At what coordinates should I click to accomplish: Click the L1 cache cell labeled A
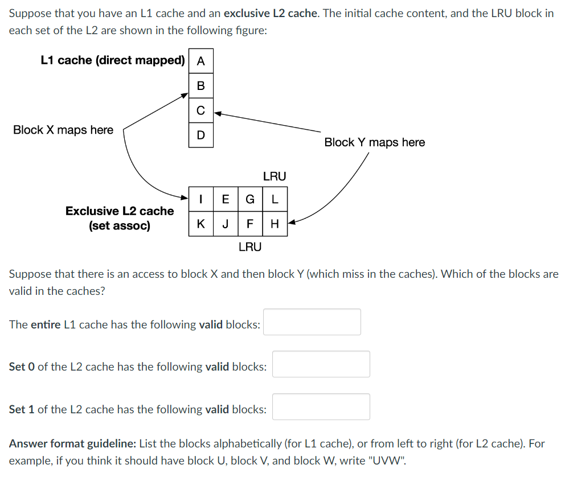pyautogui.click(x=201, y=61)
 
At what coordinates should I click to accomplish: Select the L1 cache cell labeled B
pyautogui.click(x=201, y=86)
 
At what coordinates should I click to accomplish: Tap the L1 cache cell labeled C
pyautogui.click(x=201, y=110)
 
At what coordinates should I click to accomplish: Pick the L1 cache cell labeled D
pyautogui.click(x=201, y=135)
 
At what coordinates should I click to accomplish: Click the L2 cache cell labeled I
pyautogui.click(x=202, y=199)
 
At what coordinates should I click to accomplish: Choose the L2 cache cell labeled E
pyautogui.click(x=226, y=199)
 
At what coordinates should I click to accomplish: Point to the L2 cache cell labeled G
pyautogui.click(x=250, y=199)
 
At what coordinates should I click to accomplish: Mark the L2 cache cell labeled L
pyautogui.click(x=275, y=199)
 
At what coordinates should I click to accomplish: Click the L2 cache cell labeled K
pyautogui.click(x=202, y=223)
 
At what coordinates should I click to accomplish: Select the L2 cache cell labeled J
pyautogui.click(x=226, y=223)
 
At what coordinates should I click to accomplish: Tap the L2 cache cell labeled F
pyautogui.click(x=250, y=223)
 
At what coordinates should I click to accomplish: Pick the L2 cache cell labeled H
pyautogui.click(x=275, y=223)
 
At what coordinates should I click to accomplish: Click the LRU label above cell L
pyautogui.click(x=275, y=176)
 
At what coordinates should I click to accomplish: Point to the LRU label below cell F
pyautogui.click(x=250, y=246)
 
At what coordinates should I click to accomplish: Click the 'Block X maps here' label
pyautogui.click(x=63, y=130)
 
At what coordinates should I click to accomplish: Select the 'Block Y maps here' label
pyautogui.click(x=374, y=142)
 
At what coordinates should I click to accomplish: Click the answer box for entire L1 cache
pyautogui.click(x=312, y=322)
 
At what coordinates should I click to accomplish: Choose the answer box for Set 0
pyautogui.click(x=321, y=364)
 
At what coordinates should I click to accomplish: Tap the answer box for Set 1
pyautogui.click(x=321, y=407)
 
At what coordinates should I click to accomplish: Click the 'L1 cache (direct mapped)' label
pyautogui.click(x=113, y=60)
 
